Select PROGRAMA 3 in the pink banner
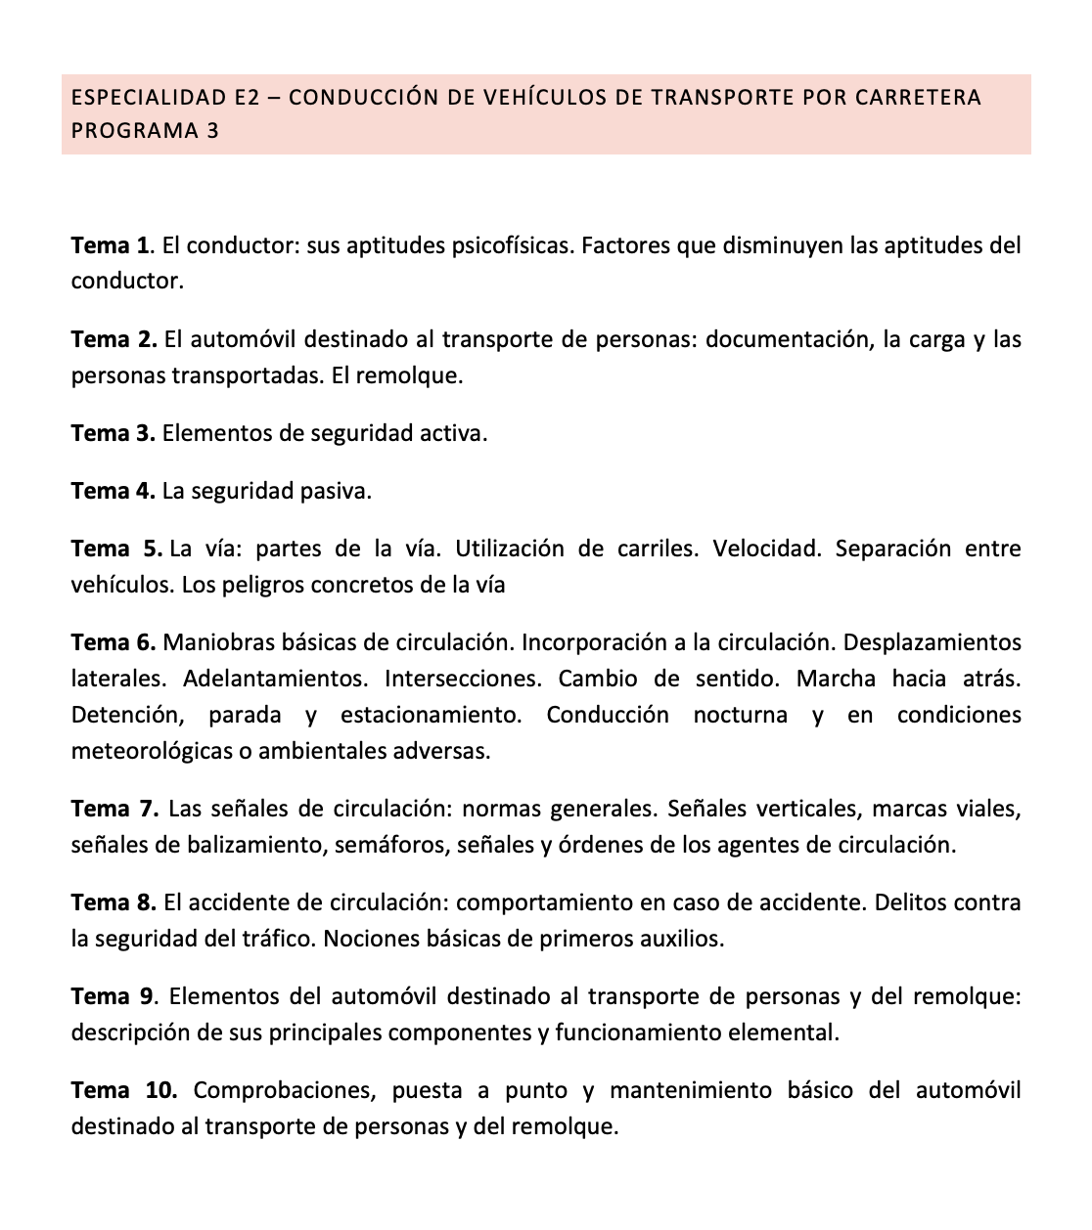pos(145,130)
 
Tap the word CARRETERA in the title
pos(918,98)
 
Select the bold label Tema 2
pos(114,339)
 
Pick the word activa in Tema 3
pos(454,433)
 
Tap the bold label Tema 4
pos(113,491)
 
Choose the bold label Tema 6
pos(113,642)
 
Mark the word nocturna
pos(740,715)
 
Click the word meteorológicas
pos(153,752)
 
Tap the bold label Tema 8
pos(113,902)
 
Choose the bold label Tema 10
pos(123,1090)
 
